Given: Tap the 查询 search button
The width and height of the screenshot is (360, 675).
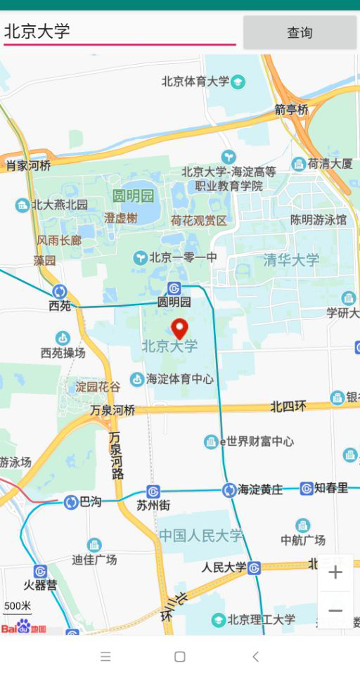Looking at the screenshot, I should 300,32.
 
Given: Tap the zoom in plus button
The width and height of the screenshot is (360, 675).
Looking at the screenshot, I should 335,572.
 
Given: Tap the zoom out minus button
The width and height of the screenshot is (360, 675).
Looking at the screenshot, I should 335,610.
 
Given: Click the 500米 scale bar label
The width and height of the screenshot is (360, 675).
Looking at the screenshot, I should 17,606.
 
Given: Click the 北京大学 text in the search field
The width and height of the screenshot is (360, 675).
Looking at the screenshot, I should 37,31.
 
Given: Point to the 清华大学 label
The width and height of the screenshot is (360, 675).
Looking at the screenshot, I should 291,260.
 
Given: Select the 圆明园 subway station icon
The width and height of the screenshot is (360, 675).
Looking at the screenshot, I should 174,288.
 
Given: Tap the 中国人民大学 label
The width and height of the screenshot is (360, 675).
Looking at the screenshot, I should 200,536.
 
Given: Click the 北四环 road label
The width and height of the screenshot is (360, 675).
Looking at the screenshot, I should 288,406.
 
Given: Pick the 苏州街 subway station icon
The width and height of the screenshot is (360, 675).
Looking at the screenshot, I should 153,491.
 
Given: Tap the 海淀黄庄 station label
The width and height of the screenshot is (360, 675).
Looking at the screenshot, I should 260,489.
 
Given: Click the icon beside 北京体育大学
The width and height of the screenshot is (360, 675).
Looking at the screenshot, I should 238,82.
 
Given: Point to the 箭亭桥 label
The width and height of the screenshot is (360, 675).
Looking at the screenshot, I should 291,110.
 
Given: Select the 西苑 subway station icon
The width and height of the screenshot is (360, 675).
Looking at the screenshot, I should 60,291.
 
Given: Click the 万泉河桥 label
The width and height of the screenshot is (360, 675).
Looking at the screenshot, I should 112,410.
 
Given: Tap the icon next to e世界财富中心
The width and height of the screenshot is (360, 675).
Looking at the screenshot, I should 211,442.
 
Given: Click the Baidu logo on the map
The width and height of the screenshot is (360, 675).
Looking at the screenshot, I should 23,626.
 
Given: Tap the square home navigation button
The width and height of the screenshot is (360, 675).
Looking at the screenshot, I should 180,657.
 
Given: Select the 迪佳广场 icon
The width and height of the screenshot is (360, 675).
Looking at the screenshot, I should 94,545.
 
